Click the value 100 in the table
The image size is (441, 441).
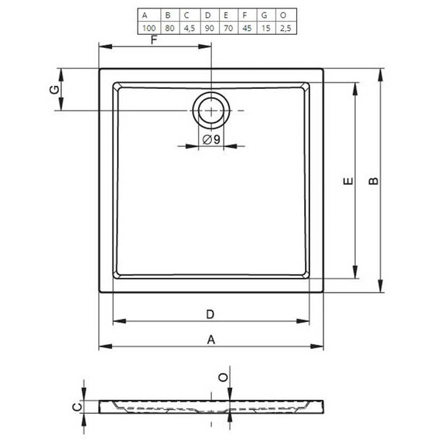click(x=149, y=28)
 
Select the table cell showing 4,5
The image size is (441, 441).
click(x=190, y=28)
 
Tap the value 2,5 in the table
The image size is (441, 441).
click(x=285, y=28)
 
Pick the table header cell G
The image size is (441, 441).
click(x=266, y=15)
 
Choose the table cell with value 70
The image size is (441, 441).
click(x=228, y=28)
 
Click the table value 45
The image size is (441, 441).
click(x=247, y=28)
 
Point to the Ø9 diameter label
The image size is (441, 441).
click(x=211, y=139)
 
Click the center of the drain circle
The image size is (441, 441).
click(x=211, y=111)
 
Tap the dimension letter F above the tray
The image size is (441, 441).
click(x=153, y=40)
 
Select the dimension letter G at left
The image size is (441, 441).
click(x=55, y=90)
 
